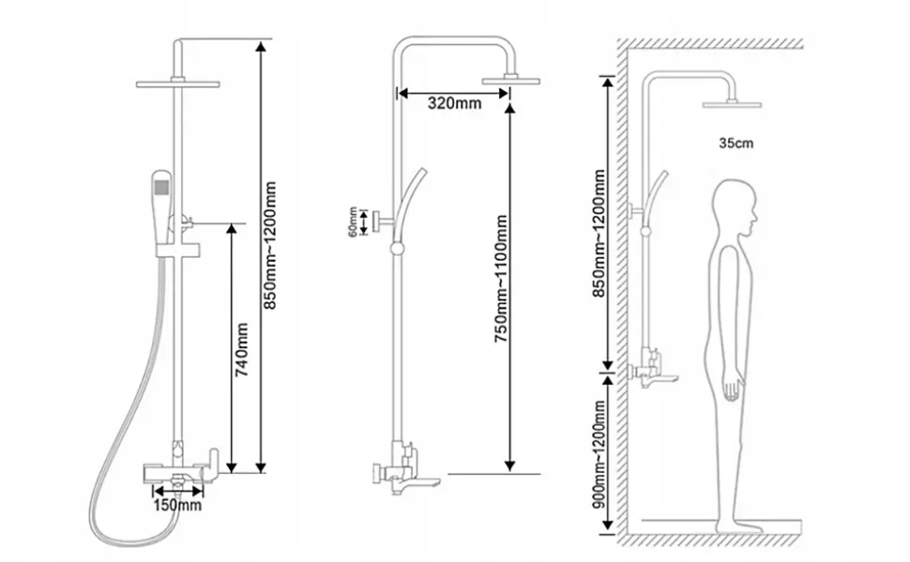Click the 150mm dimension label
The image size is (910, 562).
(177, 505)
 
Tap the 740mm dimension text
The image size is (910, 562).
(241, 350)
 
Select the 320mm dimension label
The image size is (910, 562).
(454, 103)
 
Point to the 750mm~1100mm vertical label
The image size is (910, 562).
(501, 279)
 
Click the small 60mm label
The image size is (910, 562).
(353, 221)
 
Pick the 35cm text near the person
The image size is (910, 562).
(736, 143)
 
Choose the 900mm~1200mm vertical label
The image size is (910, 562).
(599, 454)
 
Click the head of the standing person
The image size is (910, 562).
(735, 208)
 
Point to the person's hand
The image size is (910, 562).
(733, 388)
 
